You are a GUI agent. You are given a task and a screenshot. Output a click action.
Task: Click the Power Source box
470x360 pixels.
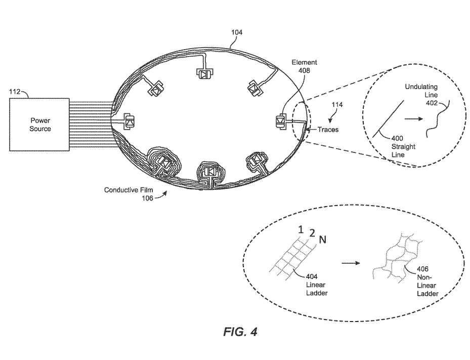pyautogui.click(x=40, y=125)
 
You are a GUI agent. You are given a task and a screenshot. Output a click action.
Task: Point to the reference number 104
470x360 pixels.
pyautogui.click(x=237, y=32)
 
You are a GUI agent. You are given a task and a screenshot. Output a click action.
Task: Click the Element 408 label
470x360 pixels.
pyautogui.click(x=305, y=66)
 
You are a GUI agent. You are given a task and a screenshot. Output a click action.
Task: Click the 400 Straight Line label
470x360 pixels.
pyautogui.click(x=403, y=146)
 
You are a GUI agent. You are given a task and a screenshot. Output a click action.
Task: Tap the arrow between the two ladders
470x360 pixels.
pyautogui.click(x=349, y=264)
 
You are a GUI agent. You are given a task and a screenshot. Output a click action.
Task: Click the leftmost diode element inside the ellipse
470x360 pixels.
pyautogui.click(x=130, y=122)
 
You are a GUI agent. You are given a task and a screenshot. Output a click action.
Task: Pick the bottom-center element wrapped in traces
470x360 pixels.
pyautogui.click(x=209, y=172)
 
